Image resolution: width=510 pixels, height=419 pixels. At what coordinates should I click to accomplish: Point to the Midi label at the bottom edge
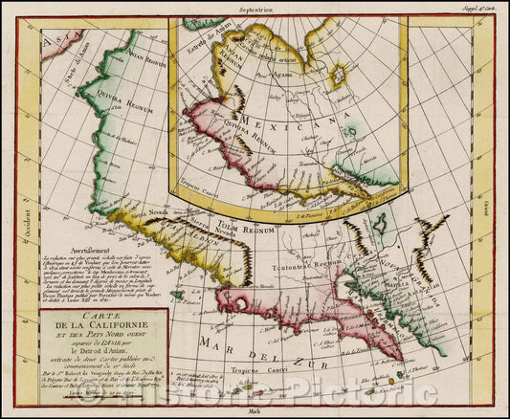click(255, 412)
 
